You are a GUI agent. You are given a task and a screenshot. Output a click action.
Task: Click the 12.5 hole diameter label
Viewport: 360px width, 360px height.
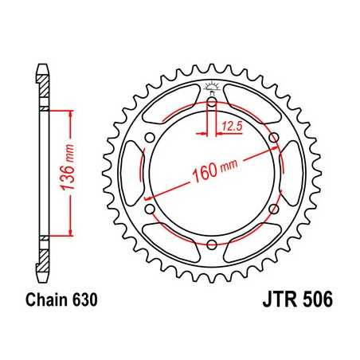click(x=232, y=126)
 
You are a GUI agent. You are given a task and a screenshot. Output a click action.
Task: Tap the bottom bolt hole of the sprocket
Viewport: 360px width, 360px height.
click(x=212, y=245)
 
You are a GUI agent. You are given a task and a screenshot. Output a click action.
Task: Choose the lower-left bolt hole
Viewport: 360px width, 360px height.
click(x=151, y=209)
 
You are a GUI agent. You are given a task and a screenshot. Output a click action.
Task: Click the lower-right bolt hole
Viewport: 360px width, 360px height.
click(x=273, y=209)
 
